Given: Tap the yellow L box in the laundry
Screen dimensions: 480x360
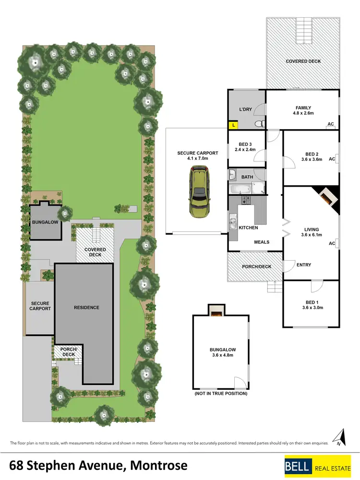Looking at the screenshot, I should (x=233, y=125).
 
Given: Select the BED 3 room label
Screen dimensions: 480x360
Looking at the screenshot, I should (x=245, y=144).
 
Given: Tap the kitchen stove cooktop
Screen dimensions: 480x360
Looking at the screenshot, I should (x=246, y=200).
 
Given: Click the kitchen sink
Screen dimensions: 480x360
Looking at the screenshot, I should (x=233, y=221).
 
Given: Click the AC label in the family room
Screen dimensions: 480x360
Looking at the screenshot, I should (x=330, y=124).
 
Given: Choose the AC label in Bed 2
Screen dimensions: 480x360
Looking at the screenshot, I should (x=331, y=159).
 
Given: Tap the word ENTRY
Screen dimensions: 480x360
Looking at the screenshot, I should (x=304, y=265).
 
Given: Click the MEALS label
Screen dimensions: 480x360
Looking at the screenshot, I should (x=262, y=242).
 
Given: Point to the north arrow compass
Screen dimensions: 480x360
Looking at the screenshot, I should (x=341, y=437).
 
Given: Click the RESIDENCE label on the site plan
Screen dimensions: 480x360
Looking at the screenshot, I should (x=86, y=307).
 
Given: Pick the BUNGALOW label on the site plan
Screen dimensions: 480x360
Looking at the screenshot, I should (x=45, y=223).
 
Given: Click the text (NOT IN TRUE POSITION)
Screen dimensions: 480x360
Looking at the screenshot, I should (x=221, y=394).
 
